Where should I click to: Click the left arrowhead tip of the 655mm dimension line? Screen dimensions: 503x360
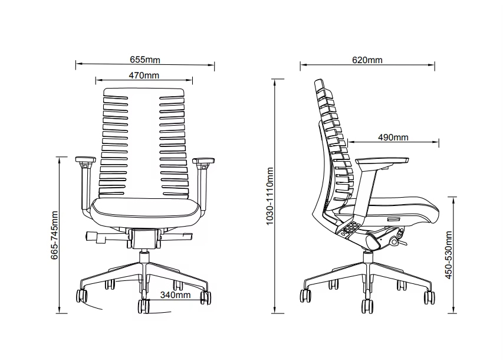(76, 64)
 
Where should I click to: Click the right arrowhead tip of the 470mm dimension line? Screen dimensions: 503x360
(192, 80)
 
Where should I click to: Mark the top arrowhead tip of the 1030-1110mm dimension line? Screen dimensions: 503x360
(275, 79)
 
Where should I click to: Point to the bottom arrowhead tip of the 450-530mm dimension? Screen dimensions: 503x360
(453, 313)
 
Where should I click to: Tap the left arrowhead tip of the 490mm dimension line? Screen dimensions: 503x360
(348, 141)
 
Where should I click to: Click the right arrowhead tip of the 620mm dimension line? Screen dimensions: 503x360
(435, 65)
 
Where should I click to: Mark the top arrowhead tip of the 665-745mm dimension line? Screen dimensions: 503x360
(60, 158)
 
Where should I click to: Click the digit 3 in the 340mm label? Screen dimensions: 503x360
(163, 295)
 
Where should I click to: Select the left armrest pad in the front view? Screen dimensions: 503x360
(86, 159)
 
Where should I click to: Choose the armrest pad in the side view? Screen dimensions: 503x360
(382, 161)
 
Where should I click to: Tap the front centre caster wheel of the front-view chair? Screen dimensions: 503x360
(143, 306)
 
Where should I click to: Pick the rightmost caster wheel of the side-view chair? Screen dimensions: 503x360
(429, 297)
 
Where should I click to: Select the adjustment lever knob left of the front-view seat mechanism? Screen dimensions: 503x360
(92, 236)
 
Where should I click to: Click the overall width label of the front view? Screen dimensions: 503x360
(145, 60)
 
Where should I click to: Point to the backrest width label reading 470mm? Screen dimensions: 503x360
(144, 75)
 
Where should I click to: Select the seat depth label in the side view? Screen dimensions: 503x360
(393, 137)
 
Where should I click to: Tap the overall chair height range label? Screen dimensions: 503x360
(270, 196)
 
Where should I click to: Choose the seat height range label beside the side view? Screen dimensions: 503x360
(449, 255)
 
